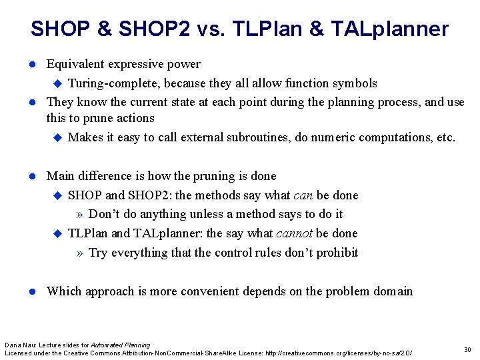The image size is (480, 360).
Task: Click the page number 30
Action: [x=467, y=349]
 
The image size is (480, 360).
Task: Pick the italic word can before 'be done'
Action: [x=303, y=195]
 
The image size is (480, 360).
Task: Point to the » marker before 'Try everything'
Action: [x=80, y=253]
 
